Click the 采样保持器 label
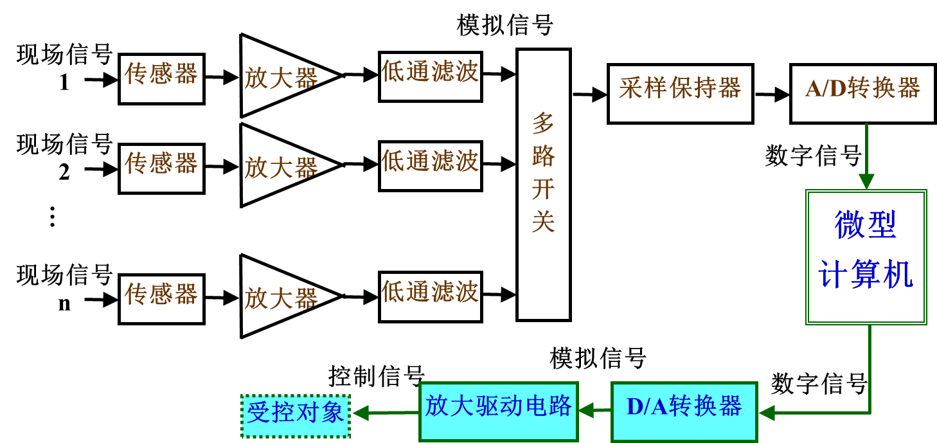(x=679, y=88)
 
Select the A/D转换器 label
(x=862, y=88)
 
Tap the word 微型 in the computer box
(x=865, y=225)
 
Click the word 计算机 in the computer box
(x=865, y=275)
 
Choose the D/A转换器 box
(x=684, y=411)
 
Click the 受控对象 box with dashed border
(x=296, y=416)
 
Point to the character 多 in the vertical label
(x=543, y=122)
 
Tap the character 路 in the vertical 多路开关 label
(x=543, y=156)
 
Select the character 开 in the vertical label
(x=543, y=189)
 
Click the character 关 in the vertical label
(x=543, y=222)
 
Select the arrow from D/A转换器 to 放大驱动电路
(x=594, y=410)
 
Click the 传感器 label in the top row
(x=161, y=73)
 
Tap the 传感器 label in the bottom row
(x=161, y=294)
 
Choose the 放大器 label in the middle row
(x=281, y=168)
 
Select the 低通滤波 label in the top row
(x=430, y=71)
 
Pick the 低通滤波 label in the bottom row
(x=430, y=291)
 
